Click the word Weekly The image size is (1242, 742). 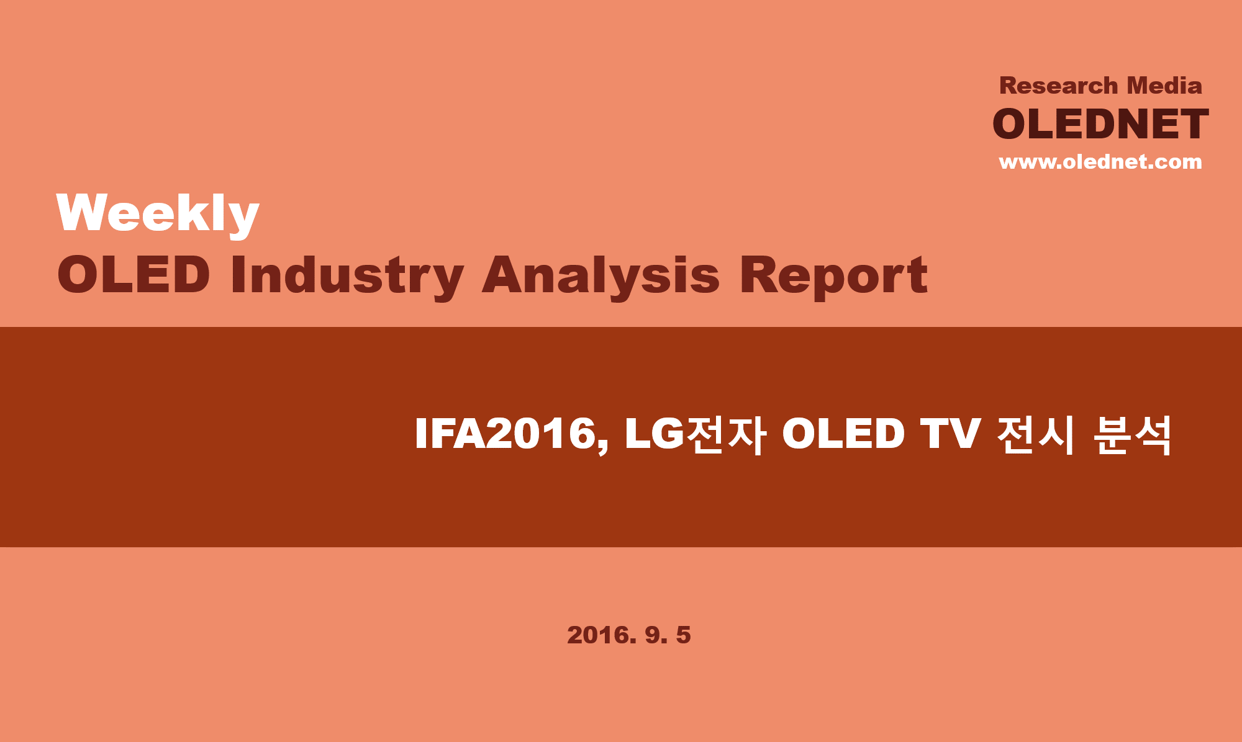[x=158, y=214]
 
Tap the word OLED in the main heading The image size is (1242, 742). [x=134, y=275]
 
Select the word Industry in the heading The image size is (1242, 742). [x=347, y=277]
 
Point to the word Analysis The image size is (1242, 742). [x=601, y=277]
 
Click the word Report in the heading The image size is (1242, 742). [x=833, y=277]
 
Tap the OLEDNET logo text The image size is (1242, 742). [x=1100, y=124]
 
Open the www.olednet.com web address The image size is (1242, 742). [x=1100, y=162]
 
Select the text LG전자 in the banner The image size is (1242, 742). [x=695, y=435]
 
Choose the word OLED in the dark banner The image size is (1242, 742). [x=843, y=434]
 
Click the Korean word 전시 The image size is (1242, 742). [x=1035, y=435]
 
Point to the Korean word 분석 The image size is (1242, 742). [x=1131, y=435]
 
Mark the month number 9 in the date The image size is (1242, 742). [x=652, y=635]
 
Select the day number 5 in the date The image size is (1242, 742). [x=683, y=635]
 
